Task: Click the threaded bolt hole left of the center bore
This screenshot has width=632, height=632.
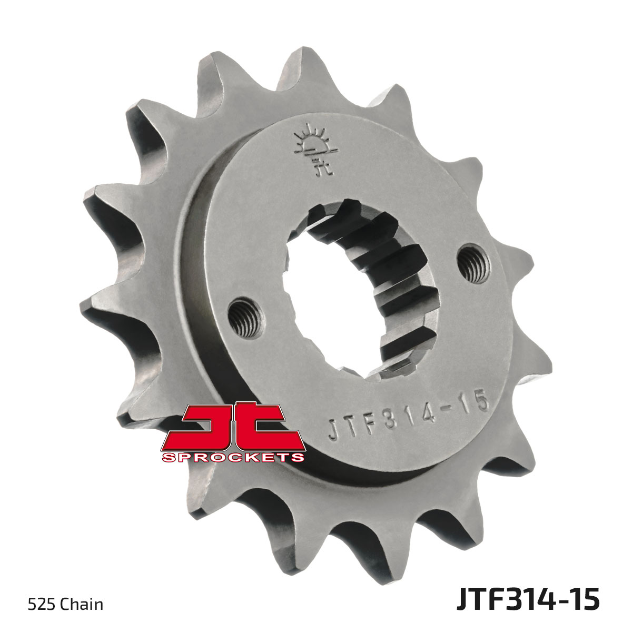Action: click(x=244, y=318)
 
